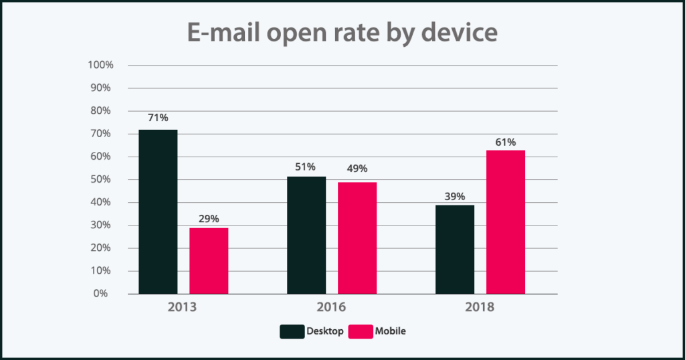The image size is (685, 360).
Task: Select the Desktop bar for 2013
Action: click(159, 211)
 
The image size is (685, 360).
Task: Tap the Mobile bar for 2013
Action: click(209, 260)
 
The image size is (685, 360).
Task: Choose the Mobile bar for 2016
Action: click(357, 238)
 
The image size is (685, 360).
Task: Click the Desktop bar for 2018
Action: click(455, 249)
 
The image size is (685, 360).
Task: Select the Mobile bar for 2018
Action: click(505, 221)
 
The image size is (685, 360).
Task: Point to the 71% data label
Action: click(159, 118)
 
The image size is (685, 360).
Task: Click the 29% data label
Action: click(209, 217)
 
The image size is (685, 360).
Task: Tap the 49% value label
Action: click(357, 169)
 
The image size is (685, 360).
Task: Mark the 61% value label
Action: click(505, 141)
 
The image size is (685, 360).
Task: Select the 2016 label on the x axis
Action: click(332, 308)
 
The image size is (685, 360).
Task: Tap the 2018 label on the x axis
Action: click(480, 308)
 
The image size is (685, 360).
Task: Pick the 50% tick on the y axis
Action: click(102, 179)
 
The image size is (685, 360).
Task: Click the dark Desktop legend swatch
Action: click(292, 331)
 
